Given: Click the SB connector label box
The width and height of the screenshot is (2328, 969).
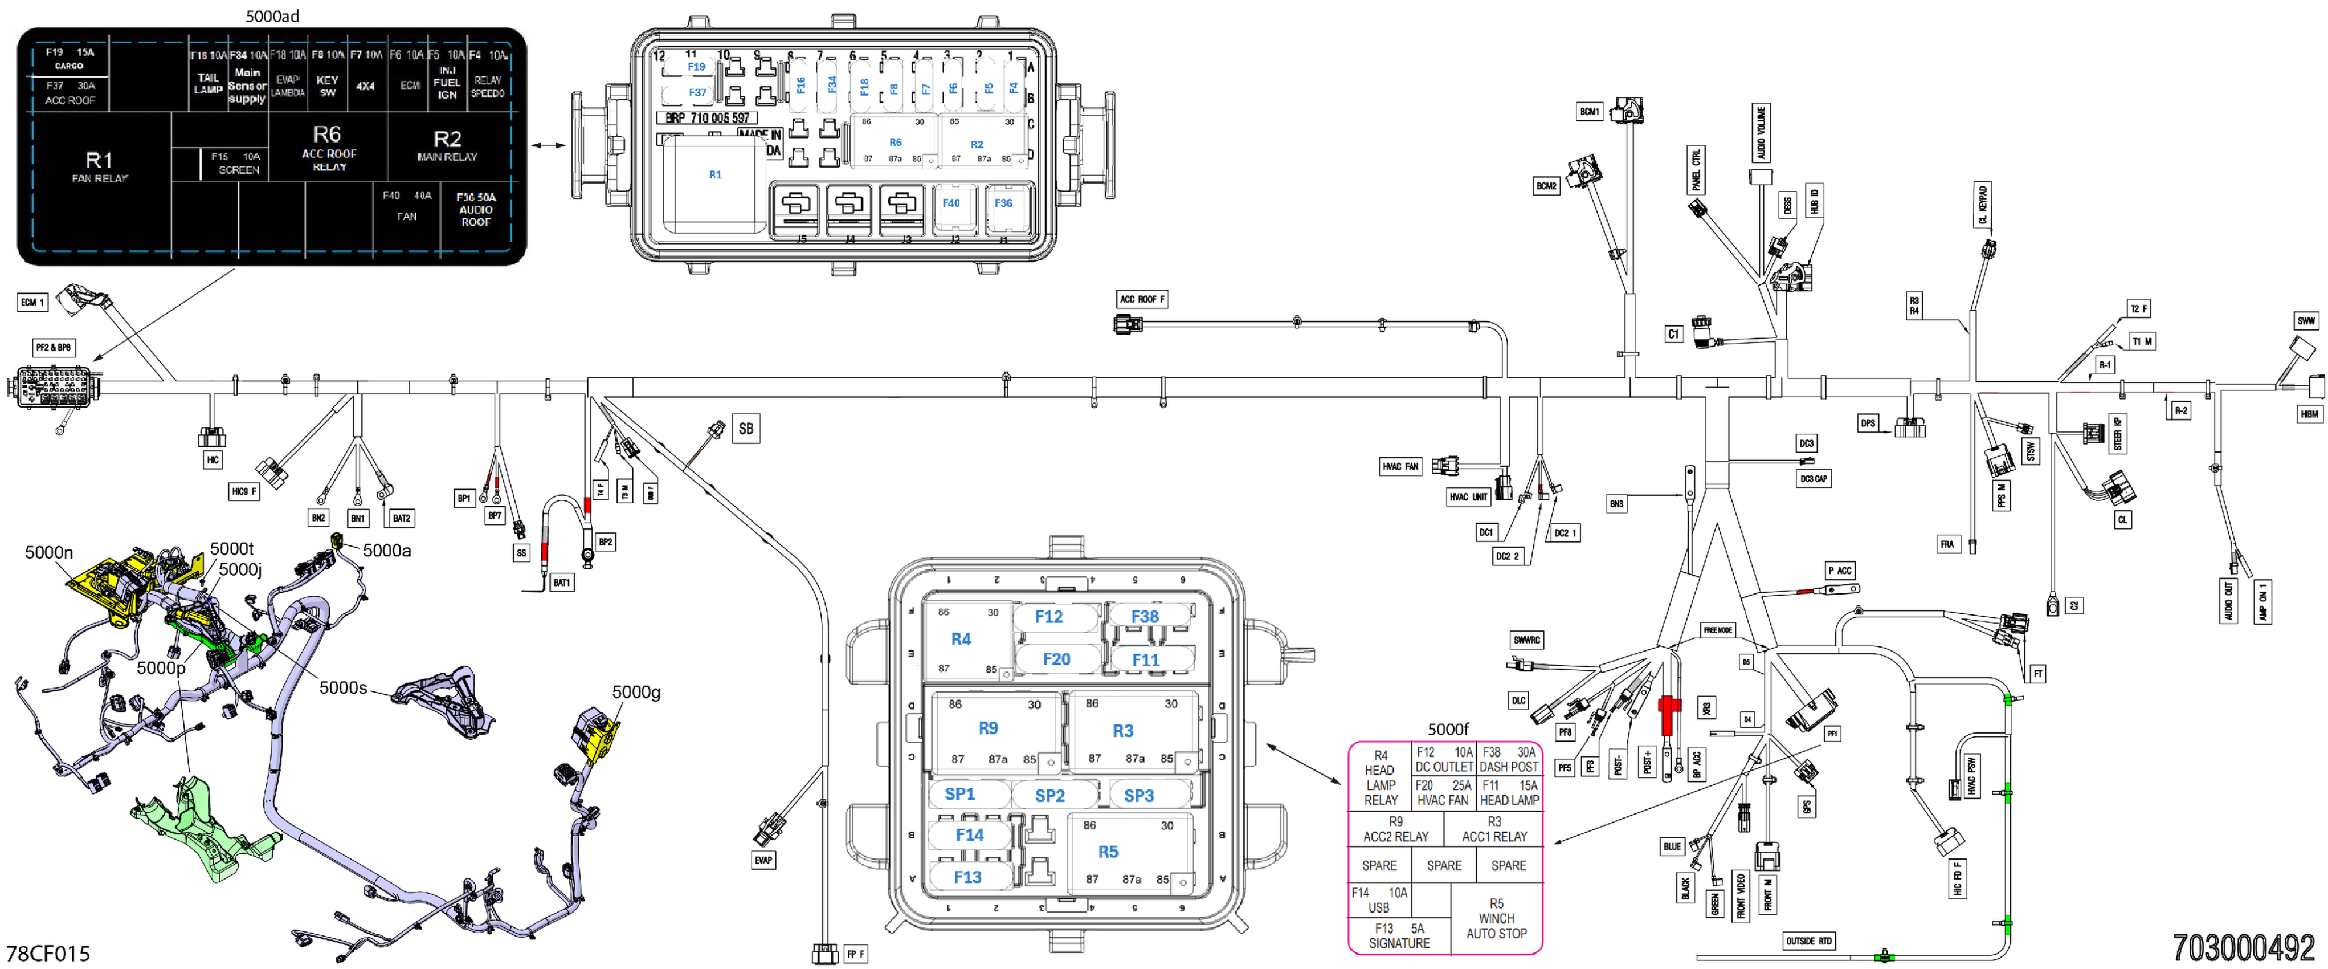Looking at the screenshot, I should point(746,429).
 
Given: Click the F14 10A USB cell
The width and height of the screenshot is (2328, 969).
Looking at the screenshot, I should point(1379,899).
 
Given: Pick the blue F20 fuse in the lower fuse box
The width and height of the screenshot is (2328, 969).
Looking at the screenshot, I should point(1056,659).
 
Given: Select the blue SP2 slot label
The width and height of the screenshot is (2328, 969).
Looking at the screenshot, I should point(1049,796).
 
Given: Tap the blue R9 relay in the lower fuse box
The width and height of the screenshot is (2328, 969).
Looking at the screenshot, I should point(988,728).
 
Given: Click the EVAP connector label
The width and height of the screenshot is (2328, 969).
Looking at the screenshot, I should point(763,860).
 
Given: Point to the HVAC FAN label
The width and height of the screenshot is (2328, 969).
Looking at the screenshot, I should point(1400,466).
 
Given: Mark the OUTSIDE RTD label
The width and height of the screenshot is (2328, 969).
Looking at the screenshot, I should point(1808,941).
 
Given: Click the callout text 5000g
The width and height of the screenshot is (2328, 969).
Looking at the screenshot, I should point(636,691).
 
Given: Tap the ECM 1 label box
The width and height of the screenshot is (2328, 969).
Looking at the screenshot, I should point(32,302).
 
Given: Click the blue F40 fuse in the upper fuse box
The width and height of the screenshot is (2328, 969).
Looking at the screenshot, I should point(951,203).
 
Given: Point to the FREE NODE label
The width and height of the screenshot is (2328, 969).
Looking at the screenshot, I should point(1717,630).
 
